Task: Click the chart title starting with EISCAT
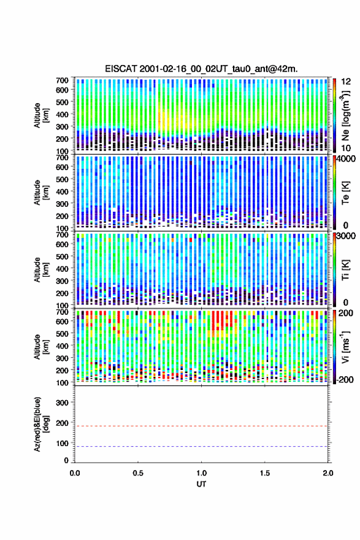tap(201, 69)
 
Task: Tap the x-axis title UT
tap(201, 484)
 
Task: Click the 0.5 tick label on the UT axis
tap(138, 473)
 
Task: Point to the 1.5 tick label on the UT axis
tap(265, 473)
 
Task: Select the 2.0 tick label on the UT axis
tap(327, 473)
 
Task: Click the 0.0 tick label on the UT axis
tap(75, 473)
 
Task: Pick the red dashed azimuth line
tap(201, 426)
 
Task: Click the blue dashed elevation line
tap(201, 446)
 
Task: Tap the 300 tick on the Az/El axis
tap(63, 403)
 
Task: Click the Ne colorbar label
tap(345, 116)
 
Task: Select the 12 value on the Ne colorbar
tap(347, 82)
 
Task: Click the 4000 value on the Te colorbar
tap(347, 159)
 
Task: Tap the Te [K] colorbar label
tap(345, 193)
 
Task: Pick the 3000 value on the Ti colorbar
tap(347, 236)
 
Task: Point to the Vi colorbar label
tap(345, 347)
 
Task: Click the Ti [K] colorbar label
tap(345, 269)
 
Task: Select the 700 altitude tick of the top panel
tap(63, 80)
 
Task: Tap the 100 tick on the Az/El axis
tap(63, 443)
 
